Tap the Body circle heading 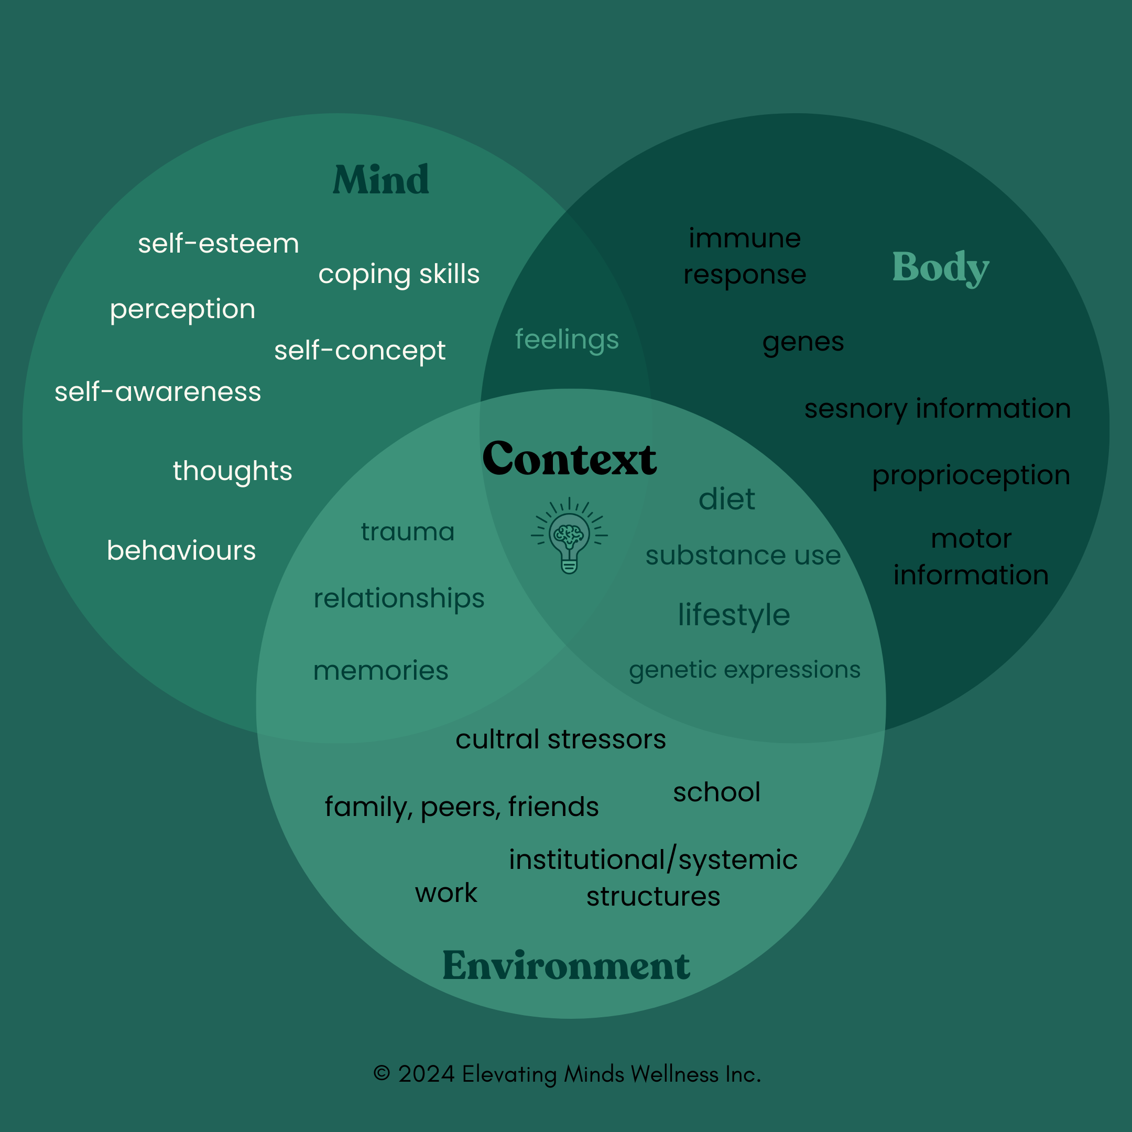[x=940, y=267]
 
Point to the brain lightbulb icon [x=569, y=536]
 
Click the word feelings [x=567, y=339]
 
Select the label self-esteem [x=219, y=244]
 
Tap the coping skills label [x=399, y=274]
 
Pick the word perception [x=183, y=309]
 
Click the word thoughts [x=233, y=471]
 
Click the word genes [x=803, y=342]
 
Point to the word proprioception [x=971, y=475]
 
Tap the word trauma [x=408, y=532]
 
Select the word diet [x=726, y=499]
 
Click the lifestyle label [x=734, y=615]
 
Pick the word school [x=716, y=792]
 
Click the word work [x=447, y=893]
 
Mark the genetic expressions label [x=745, y=670]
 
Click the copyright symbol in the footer [x=382, y=1073]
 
